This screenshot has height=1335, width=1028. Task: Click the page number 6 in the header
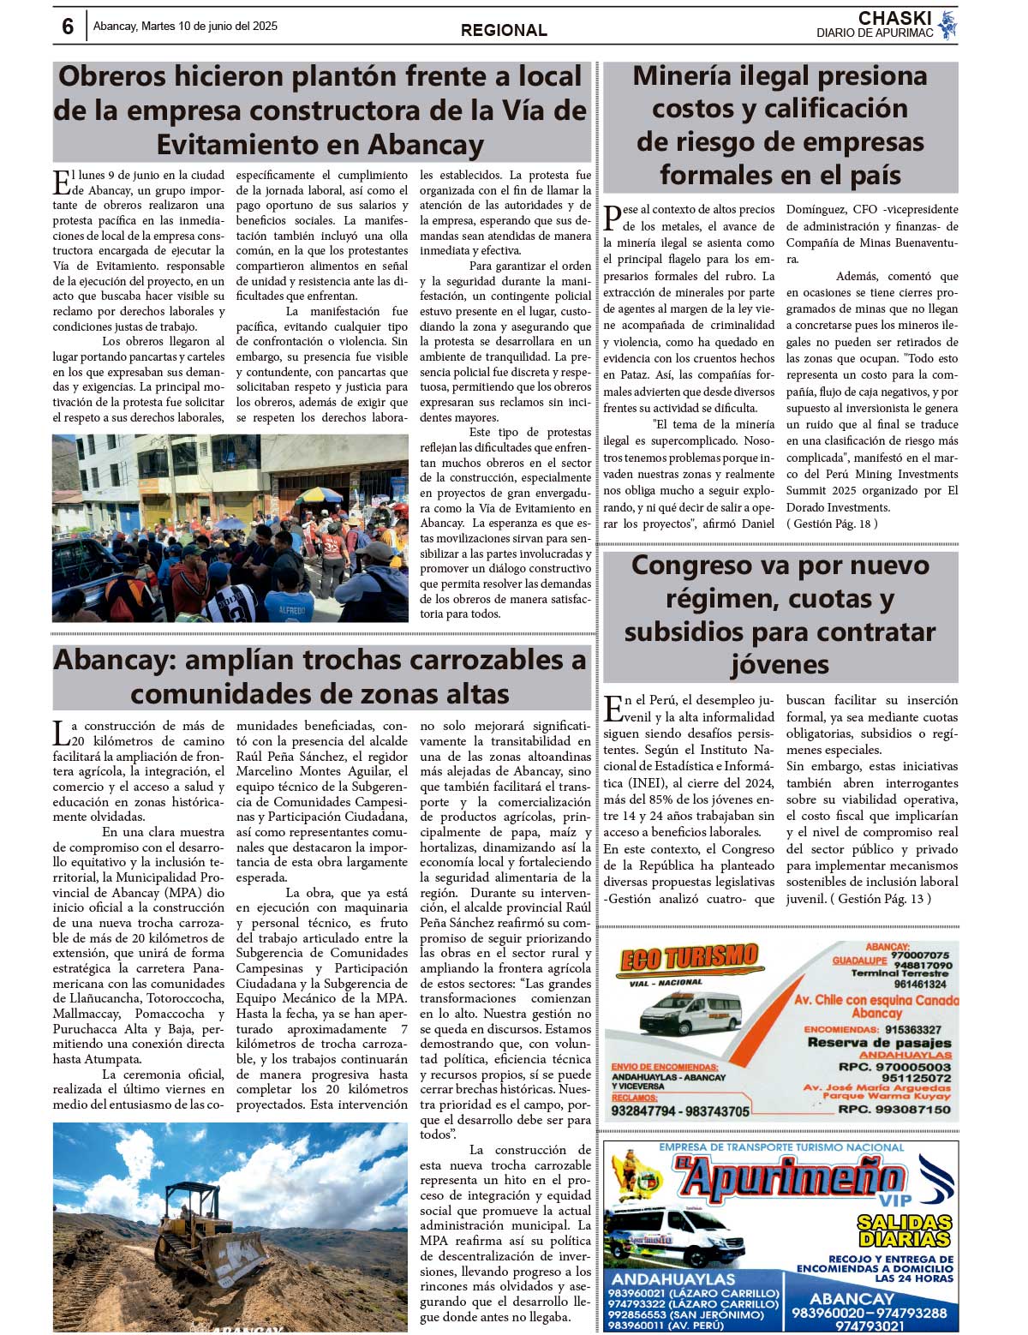click(x=68, y=27)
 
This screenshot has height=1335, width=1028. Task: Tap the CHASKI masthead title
click(x=894, y=18)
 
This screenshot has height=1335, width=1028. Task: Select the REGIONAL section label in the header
click(x=504, y=31)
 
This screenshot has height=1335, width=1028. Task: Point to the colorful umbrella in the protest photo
click(x=319, y=495)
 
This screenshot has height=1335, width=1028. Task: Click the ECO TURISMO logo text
click(x=689, y=958)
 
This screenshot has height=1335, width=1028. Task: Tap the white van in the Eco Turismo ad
click(x=690, y=1014)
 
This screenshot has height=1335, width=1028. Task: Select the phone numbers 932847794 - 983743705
click(x=680, y=1111)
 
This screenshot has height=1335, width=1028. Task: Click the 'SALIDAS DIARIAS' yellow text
click(x=904, y=1230)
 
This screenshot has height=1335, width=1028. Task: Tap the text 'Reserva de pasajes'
click(x=879, y=1043)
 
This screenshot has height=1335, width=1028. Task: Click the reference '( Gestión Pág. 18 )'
click(x=832, y=524)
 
